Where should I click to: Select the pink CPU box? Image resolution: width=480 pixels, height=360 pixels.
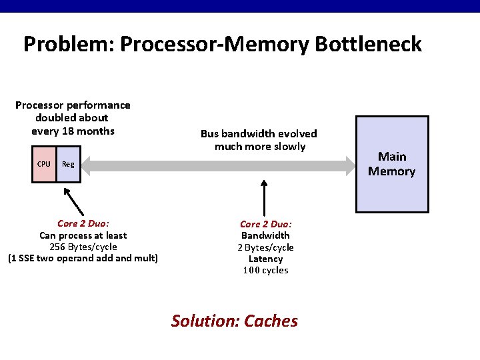coord(44,164)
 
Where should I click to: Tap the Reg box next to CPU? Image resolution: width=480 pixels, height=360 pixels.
coord(68,164)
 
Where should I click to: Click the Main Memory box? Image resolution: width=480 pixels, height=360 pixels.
coord(391,164)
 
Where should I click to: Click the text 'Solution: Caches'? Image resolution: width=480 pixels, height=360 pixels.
coord(235,321)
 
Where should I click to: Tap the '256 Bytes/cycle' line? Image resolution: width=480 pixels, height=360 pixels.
coord(83,247)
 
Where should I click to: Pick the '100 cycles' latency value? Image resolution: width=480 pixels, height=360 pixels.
coord(265,270)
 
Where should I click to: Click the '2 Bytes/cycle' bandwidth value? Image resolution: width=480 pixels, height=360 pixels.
coord(265,247)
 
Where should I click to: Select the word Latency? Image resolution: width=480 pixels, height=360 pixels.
coord(265,259)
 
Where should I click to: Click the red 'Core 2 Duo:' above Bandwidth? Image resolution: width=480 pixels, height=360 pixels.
coord(265,224)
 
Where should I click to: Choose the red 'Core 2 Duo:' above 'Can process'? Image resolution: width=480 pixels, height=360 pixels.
coord(83,224)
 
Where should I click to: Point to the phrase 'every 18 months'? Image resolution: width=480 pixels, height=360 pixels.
coord(73,131)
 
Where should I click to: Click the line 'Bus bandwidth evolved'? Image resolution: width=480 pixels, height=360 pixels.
coord(259,133)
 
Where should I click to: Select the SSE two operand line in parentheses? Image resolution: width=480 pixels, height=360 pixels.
coord(83,258)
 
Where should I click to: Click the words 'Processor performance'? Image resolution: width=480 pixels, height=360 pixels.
coord(73,105)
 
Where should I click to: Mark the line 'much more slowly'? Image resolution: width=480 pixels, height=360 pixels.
coord(259,146)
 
